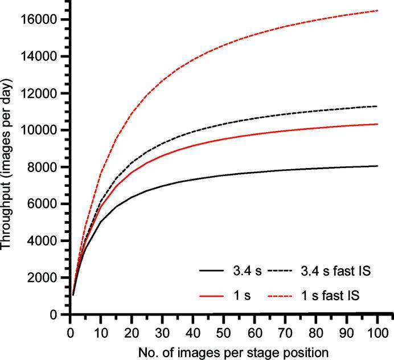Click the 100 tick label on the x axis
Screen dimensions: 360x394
377,329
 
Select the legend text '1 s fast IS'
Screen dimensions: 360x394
335,296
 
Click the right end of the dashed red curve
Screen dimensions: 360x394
377,10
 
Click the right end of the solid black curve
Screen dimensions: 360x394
377,166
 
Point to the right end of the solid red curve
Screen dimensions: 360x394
377,124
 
